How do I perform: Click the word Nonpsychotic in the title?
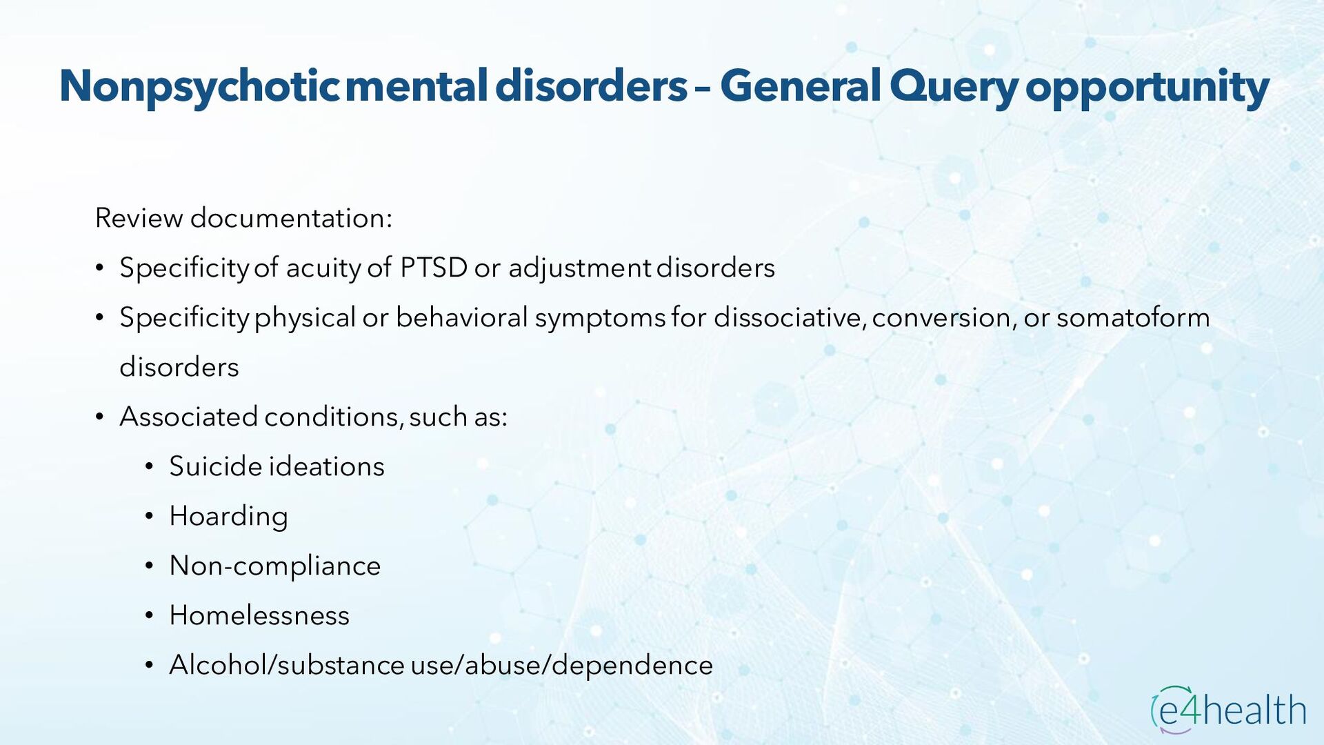199,87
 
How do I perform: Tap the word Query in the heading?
953,87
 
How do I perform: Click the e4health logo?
1228,709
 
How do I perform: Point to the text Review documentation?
243,218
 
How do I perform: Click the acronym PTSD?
434,268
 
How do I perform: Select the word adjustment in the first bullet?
579,268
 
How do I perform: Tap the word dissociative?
789,317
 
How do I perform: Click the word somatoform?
1133,317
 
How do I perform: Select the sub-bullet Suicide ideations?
277,466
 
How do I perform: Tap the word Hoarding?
228,516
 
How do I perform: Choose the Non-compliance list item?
274,566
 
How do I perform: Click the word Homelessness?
259,615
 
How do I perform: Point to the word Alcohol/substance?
286,665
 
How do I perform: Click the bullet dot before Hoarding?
149,517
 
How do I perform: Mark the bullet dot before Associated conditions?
99,418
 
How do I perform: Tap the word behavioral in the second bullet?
461,317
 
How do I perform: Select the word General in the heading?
801,87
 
